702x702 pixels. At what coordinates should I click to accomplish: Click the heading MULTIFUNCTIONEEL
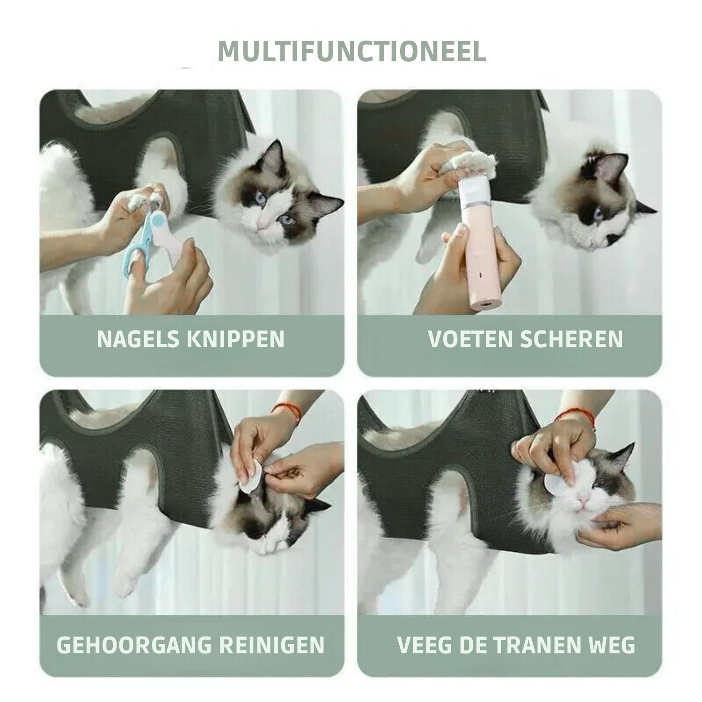pyautogui.click(x=352, y=51)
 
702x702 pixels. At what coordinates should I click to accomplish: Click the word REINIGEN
pyautogui.click(x=273, y=645)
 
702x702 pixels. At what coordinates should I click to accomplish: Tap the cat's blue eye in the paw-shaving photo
pyautogui.click(x=599, y=213)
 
